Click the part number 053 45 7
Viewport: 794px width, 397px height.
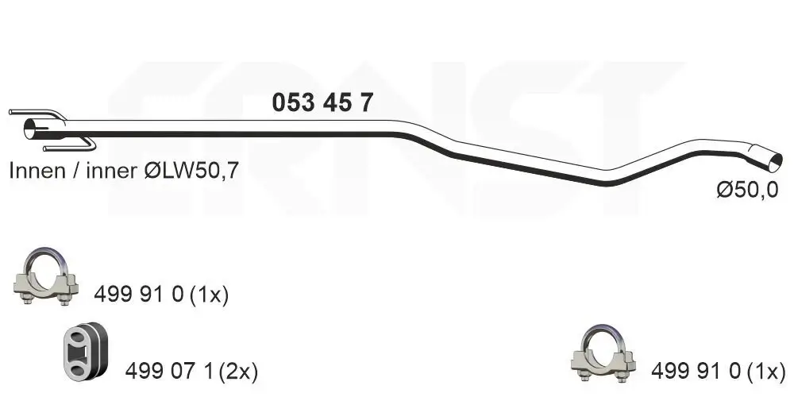(x=322, y=102)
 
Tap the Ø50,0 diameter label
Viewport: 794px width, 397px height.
(x=747, y=190)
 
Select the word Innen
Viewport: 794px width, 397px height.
(x=37, y=172)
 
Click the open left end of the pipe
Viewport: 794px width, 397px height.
(x=32, y=129)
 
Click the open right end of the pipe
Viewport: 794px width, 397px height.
(x=775, y=163)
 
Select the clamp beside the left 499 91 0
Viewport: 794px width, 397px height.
(x=46, y=276)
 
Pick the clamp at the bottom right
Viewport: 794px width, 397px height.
(x=603, y=353)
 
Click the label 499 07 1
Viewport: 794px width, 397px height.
(x=172, y=372)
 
